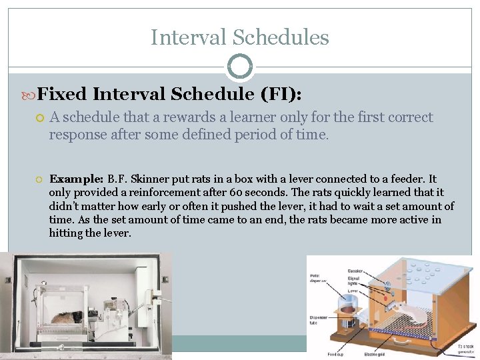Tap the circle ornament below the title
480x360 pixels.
pos(240,67)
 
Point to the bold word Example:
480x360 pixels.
pos(75,179)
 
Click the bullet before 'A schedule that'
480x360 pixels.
pos(39,118)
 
